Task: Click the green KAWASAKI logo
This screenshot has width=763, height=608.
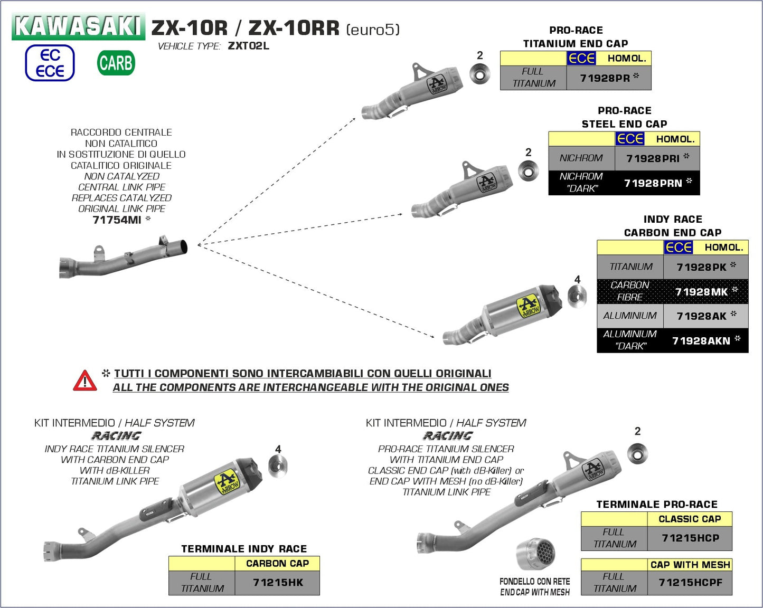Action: coord(78,26)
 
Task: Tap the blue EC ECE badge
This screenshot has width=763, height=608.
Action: coord(50,63)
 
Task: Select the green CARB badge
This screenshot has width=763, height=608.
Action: coord(116,63)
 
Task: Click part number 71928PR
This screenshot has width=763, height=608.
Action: coord(605,78)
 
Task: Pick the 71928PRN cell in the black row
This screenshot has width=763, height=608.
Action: coord(653,183)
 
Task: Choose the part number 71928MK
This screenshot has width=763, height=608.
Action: coord(702,292)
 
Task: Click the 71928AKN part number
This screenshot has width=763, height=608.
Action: coord(701,341)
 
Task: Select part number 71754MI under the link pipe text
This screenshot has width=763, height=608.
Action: coord(117,220)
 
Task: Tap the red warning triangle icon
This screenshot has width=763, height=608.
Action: coord(85,381)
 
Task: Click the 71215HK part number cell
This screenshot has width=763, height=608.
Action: coord(278,583)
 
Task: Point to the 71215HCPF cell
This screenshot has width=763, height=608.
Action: coord(690,583)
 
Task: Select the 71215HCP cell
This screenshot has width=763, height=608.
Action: coord(690,538)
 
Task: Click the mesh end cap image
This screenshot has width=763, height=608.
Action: coord(536,554)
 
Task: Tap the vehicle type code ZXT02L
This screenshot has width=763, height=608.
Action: coord(248,46)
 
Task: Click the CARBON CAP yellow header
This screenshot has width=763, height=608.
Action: coord(277,564)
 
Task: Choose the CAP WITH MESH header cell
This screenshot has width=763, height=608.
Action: coord(690,565)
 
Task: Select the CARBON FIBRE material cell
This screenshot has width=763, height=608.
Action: coord(630,291)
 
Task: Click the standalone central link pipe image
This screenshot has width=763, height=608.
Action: coord(123,256)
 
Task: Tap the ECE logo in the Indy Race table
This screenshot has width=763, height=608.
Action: coord(679,247)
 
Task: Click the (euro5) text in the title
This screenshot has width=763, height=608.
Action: coord(373,30)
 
